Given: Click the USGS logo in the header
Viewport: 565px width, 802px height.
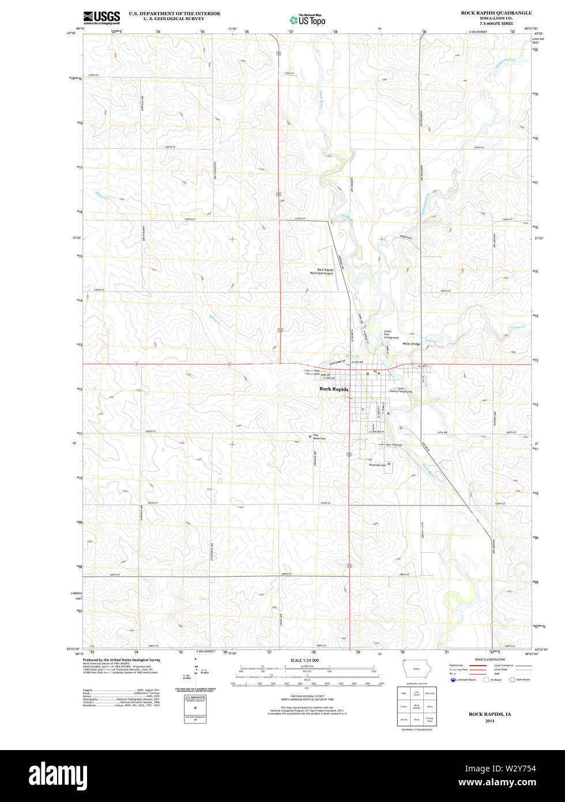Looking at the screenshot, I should point(101,17).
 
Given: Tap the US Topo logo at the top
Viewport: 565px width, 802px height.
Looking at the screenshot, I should point(308,20).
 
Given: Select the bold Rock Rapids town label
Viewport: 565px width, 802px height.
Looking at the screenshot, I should point(334,389).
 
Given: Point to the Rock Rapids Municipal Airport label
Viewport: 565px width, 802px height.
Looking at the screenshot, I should point(322,271).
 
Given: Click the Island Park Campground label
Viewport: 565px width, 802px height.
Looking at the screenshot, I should point(391,335).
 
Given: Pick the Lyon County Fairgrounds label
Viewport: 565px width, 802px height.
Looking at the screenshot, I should point(401,390).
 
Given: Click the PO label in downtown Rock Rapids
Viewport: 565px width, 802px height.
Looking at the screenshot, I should point(375,372).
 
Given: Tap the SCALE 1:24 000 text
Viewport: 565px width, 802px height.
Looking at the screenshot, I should point(304,660).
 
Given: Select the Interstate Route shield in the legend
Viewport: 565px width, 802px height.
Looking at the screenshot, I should point(453,680).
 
